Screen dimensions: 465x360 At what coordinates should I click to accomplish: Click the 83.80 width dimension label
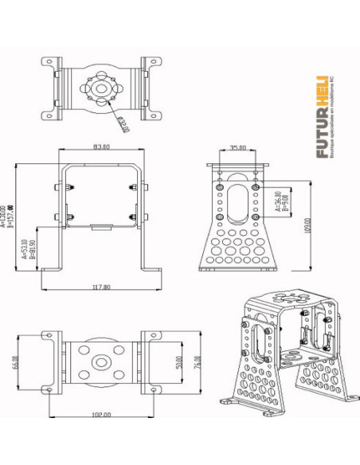pos(100,147)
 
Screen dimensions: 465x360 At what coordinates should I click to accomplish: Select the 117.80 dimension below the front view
pos(101,287)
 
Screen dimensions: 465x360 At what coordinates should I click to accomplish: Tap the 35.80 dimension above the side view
pos(237,147)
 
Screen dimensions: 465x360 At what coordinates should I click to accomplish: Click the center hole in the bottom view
pos(100,363)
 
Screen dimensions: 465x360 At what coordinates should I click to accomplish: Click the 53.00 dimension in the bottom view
pos(181,361)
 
